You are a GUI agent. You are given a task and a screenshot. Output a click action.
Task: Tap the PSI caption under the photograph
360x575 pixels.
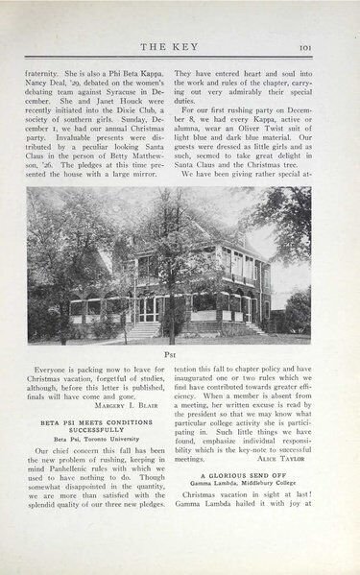pyautogui.click(x=180, y=352)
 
